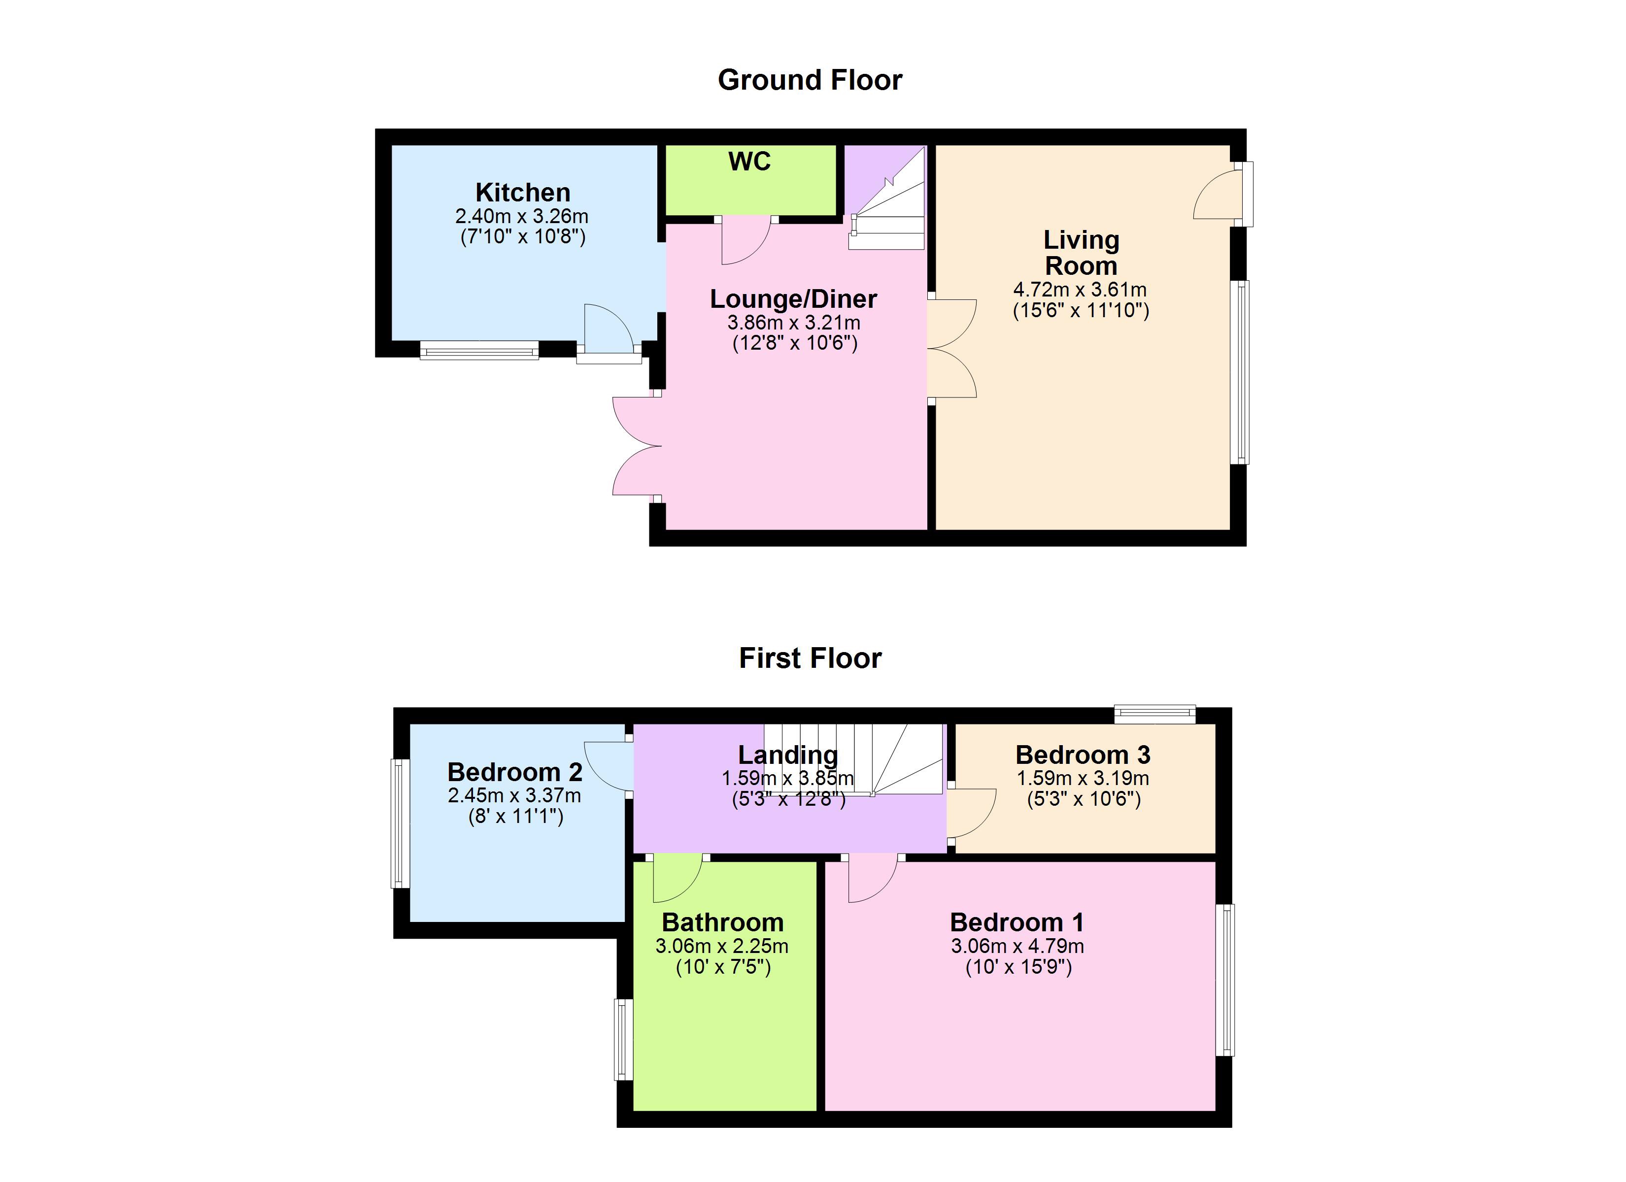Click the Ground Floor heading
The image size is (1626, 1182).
[x=810, y=80]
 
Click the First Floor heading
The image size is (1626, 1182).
[x=810, y=658]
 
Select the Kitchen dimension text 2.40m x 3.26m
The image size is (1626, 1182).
[x=521, y=216]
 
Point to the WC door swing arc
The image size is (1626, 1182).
[x=745, y=242]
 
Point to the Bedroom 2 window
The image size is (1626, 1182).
[x=400, y=823]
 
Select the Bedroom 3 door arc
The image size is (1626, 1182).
[x=974, y=814]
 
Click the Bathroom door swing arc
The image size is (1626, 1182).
[x=677, y=880]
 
